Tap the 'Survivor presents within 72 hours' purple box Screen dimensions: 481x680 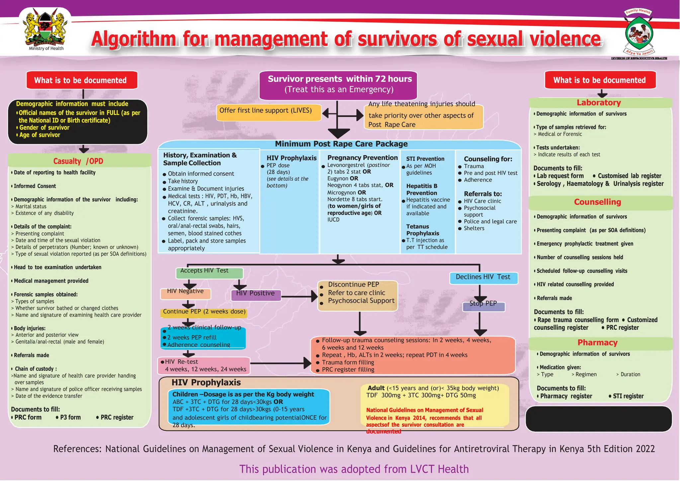point(338,85)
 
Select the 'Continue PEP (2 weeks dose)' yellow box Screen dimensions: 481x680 point(204,312)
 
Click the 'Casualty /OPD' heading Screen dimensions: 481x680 point(78,161)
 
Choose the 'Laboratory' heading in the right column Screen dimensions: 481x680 point(599,103)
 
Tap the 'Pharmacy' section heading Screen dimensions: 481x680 point(597,343)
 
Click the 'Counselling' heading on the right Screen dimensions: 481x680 point(597,202)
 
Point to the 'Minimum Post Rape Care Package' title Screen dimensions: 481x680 point(341,144)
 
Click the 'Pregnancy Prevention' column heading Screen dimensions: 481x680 point(362,158)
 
